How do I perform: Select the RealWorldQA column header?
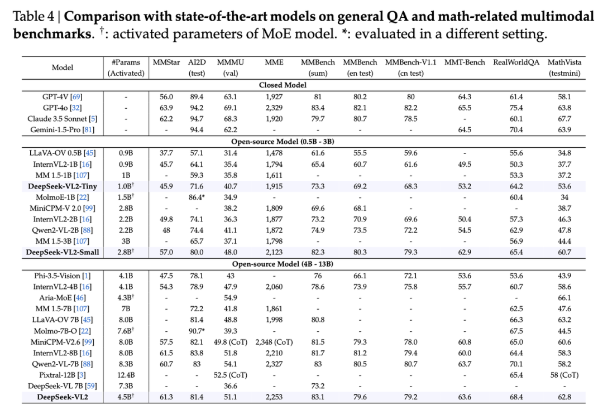coord(516,62)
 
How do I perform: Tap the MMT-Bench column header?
coord(465,62)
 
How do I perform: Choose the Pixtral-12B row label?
coord(63,375)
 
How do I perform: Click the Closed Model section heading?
coord(283,85)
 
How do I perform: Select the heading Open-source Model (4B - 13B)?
coord(283,264)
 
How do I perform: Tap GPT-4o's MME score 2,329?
coord(274,108)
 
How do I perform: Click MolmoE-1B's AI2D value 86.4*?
coord(197,197)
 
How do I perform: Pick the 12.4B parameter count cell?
coord(126,375)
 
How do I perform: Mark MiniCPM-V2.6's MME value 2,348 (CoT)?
coord(274,342)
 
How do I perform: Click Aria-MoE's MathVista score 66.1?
coord(564,298)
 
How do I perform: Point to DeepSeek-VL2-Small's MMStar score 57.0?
coord(166,253)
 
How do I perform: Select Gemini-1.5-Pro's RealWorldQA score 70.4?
coord(516,130)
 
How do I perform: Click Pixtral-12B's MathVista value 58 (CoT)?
coord(564,375)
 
